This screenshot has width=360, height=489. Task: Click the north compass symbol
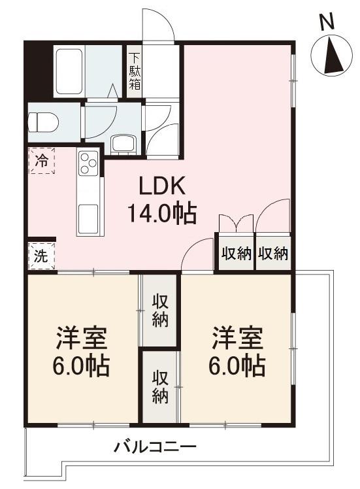tap(331, 55)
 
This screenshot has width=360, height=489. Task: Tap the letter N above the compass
tap(328, 22)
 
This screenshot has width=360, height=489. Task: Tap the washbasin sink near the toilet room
tap(122, 143)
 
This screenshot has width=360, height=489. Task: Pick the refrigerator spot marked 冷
tap(42, 161)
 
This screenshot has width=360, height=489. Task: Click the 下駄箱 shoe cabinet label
tap(135, 71)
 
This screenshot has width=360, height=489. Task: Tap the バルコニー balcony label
tap(155, 449)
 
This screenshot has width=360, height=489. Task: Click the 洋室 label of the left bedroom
tap(81, 339)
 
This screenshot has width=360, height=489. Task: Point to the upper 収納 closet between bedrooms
tap(160, 310)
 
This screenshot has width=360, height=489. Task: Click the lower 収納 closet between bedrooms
tap(160, 386)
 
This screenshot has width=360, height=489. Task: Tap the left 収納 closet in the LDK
tap(235, 254)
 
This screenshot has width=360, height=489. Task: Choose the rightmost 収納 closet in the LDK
tap(273, 254)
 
